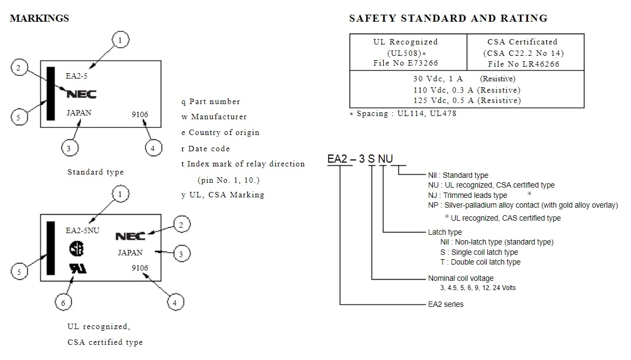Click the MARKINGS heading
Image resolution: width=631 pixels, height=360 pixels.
pos(39,18)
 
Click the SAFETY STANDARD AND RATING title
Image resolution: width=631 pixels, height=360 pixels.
pos(448,18)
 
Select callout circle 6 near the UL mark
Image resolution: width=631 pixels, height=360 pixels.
pos(63,303)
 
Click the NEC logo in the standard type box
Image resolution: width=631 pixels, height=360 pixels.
pos(81,94)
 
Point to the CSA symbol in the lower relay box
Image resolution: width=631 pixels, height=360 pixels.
pos(77,248)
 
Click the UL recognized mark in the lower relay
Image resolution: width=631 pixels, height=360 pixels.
pos(78,268)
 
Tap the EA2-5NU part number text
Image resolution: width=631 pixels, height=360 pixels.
pos(82,230)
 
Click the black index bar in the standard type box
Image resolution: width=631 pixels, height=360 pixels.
pos(51,93)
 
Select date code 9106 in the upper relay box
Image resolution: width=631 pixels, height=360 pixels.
pos(139,114)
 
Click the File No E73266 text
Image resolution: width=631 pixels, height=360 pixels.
pos(405,63)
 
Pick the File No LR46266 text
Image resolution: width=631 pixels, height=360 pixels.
pos(523,63)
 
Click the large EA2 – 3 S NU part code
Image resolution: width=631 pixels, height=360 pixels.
pos(360,159)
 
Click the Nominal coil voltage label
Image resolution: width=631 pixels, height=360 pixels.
pos(461,278)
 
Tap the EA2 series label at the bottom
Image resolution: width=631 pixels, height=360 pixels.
pos(445,304)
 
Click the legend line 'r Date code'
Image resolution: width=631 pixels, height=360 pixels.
pos(206,149)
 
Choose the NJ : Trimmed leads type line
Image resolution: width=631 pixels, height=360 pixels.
pos(467,195)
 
